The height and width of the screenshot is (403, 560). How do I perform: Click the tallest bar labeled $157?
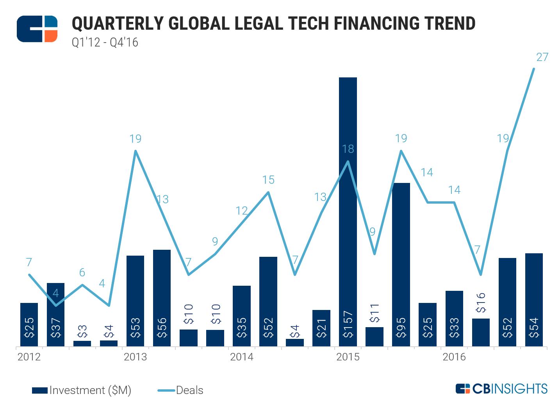[x=348, y=211]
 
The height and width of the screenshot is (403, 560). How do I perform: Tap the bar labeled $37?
[x=55, y=314]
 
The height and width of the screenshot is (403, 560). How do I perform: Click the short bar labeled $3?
[x=82, y=343]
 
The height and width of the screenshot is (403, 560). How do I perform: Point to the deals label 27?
[x=542, y=57]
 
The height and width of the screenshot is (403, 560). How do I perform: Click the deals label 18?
[x=348, y=149]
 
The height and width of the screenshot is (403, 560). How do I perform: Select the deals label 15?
[x=268, y=180]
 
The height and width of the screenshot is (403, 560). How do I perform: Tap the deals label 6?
[x=82, y=272]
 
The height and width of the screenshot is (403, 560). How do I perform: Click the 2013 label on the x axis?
[x=135, y=357]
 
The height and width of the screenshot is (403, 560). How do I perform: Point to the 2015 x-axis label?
[x=348, y=357]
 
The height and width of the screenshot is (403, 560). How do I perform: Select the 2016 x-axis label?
[x=454, y=357]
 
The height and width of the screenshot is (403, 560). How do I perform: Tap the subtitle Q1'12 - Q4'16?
[x=105, y=42]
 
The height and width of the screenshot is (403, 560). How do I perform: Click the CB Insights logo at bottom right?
[x=501, y=389]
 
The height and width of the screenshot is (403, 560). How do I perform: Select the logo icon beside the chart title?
[x=37, y=29]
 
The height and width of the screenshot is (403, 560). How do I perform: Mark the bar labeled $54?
[x=534, y=300]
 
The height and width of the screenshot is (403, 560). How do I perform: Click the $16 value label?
[x=481, y=303]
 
